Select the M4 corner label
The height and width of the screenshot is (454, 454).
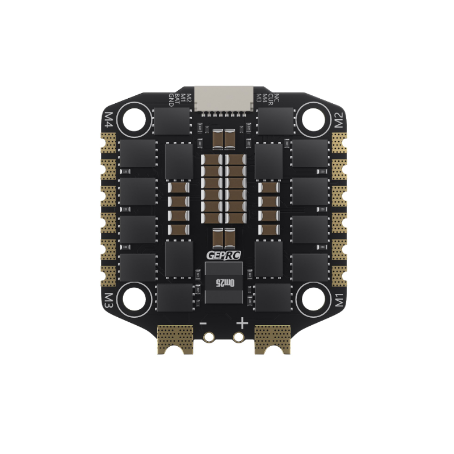coord(110,119)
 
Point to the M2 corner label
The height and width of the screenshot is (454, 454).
coord(339,120)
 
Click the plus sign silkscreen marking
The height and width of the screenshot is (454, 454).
coord(242,323)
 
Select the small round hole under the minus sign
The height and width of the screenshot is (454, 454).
coord(209,338)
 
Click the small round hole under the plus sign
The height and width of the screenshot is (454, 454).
coord(238,338)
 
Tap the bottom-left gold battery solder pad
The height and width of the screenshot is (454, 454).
coord(175,339)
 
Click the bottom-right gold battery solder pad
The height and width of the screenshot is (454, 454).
coord(273,339)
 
